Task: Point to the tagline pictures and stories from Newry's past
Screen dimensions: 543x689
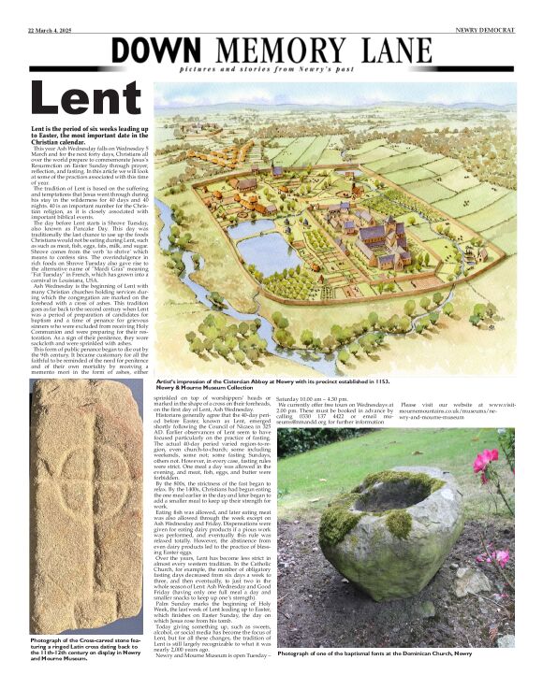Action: coord(314,71)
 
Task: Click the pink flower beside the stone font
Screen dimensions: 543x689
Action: coord(487,460)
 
